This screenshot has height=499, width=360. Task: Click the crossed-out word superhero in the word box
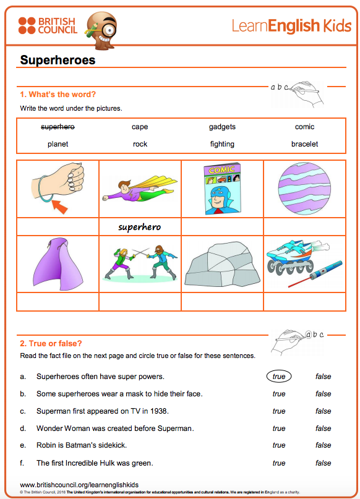tap(58, 127)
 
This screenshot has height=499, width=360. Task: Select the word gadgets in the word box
tap(222, 127)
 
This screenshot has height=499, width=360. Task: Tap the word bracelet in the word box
tap(304, 144)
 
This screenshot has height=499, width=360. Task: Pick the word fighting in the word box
tap(222, 144)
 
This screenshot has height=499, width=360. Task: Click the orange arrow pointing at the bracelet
tap(60, 207)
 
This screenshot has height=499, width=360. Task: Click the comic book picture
tap(222, 189)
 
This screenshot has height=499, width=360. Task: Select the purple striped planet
tap(304, 189)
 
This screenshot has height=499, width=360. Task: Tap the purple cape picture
tap(58, 264)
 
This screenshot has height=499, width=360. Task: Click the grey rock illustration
tap(222, 265)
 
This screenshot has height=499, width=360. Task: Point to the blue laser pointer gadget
tap(315, 274)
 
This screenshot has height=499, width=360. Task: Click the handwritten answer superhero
tap(139, 227)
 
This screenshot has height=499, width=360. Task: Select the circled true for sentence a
tap(279, 376)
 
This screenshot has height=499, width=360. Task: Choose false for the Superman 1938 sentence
tap(323, 411)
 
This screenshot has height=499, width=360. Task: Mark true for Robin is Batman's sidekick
tap(279, 445)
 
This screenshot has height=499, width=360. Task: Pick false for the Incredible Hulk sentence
tap(323, 463)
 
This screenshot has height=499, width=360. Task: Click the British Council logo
tap(48, 25)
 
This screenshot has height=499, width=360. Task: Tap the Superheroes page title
tap(58, 60)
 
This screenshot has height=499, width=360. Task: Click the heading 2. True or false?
tap(51, 343)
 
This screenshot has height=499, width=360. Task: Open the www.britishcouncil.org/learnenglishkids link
tap(79, 485)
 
